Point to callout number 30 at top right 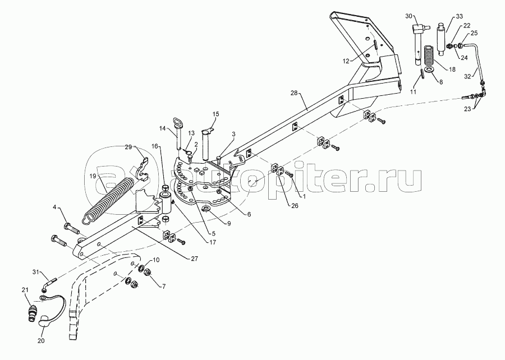408,15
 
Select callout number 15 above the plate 216,114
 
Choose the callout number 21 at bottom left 25,290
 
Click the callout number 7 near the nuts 163,286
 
